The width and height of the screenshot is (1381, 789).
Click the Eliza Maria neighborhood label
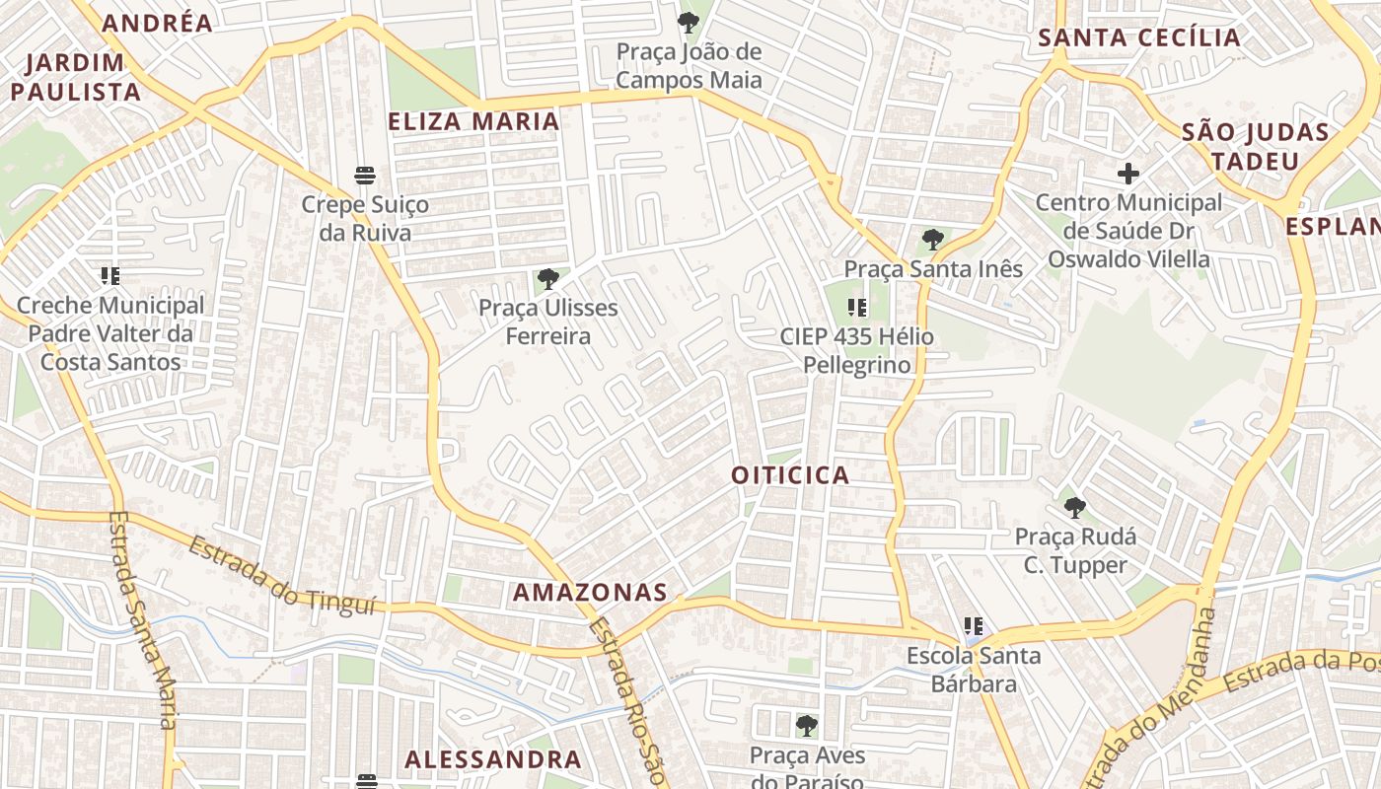click(473, 121)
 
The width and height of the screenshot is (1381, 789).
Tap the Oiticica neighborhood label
click(790, 475)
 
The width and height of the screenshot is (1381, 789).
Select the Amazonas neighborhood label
click(590, 593)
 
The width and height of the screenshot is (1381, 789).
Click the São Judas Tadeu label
click(1256, 146)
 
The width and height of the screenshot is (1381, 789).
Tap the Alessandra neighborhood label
click(493, 759)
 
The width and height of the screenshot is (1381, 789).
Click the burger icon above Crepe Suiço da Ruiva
click(365, 176)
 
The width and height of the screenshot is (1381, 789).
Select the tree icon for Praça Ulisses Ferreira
click(548, 279)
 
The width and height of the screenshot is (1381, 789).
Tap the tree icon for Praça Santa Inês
click(932, 240)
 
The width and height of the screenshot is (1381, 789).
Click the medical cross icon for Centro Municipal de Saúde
click(1128, 175)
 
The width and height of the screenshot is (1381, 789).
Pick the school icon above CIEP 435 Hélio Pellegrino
click(856, 308)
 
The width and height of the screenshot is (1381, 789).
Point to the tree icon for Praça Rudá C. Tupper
click(1074, 509)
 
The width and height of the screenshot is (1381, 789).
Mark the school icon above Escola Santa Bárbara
click(974, 626)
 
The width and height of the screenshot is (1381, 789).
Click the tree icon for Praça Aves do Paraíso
click(806, 727)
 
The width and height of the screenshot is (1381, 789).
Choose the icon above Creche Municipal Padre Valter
click(109, 276)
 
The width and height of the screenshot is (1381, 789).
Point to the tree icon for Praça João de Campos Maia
click(689, 22)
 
